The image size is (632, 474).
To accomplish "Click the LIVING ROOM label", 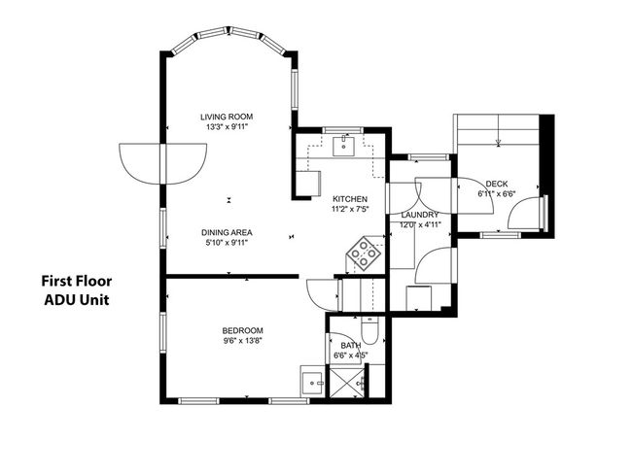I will coord(228,115).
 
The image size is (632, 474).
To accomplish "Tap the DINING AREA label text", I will coord(228,231).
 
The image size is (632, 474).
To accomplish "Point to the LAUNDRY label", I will coord(420,215).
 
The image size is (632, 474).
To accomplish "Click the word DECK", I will coord(497,184).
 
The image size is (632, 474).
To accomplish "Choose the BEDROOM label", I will coord(241,330).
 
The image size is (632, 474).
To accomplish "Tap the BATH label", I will coord(349,344).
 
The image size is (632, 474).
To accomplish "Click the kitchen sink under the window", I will coord(342,147).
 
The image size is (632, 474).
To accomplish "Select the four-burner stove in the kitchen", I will coord(365,255).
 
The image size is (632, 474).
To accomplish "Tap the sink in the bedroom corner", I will coord(311,383).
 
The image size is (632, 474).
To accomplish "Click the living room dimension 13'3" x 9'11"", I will coord(228,126).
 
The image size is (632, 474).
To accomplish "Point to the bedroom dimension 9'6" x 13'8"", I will coord(241,341).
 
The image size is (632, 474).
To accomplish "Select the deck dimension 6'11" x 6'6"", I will coord(497,194).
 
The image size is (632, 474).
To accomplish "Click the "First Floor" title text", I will coord(76,282).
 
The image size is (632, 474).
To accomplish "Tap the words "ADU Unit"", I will coord(76,300).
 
